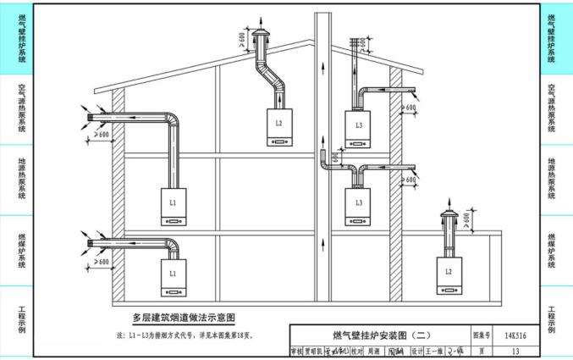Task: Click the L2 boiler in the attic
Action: [278, 125]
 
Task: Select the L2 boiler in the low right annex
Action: [449, 274]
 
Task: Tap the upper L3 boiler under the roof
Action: [359, 128]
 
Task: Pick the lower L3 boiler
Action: [359, 206]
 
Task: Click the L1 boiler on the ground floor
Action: [173, 277]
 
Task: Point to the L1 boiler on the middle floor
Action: [173, 206]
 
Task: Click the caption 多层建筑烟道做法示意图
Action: [183, 318]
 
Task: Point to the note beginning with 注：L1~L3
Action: [185, 335]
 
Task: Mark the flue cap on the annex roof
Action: [448, 212]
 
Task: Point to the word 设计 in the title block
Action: [416, 351]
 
